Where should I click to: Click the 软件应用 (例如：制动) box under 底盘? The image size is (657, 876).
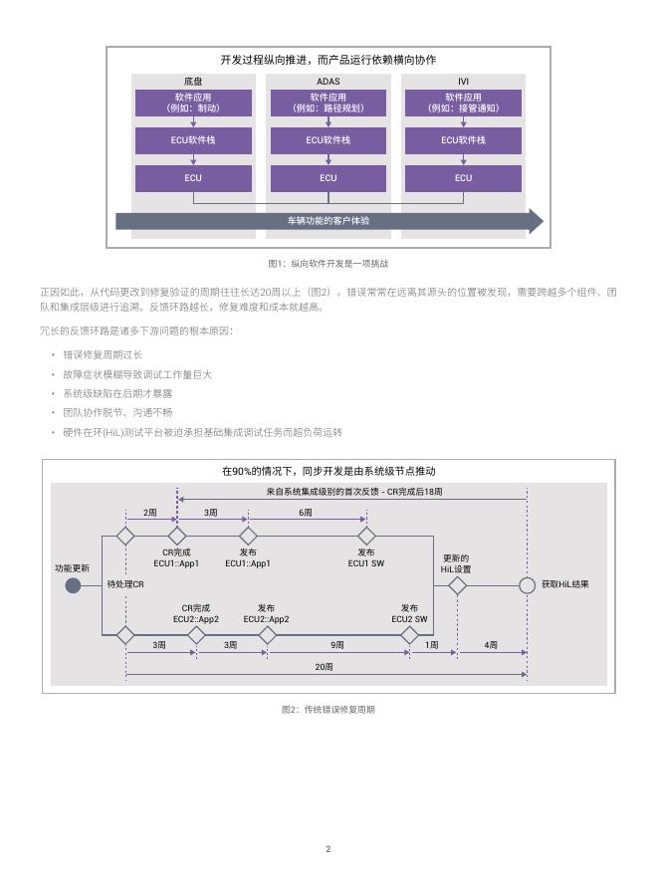[193, 103]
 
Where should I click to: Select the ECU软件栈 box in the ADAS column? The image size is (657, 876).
[328, 140]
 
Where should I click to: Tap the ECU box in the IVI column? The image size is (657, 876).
[463, 178]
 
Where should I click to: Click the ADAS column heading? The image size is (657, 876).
[328, 82]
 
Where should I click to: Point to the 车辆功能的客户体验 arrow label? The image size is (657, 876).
[328, 221]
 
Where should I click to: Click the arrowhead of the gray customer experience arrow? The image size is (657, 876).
[537, 221]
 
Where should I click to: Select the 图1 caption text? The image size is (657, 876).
[328, 263]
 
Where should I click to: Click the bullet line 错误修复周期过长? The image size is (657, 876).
[103, 354]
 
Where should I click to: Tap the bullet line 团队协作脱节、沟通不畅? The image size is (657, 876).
[117, 412]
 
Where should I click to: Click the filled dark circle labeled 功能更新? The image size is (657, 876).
[74, 585]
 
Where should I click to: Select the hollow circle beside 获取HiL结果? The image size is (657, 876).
[527, 585]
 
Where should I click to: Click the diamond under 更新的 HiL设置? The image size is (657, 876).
[458, 586]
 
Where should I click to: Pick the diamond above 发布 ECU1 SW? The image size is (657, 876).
[366, 536]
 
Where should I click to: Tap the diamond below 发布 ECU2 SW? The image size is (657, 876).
[409, 635]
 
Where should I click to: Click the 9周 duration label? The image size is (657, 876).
[336, 645]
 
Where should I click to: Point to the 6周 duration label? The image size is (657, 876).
[306, 513]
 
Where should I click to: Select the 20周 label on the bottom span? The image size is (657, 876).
[325, 667]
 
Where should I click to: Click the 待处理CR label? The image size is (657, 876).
[125, 584]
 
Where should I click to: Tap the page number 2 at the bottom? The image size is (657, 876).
[328, 848]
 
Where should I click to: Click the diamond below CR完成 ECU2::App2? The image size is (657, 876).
[196, 635]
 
